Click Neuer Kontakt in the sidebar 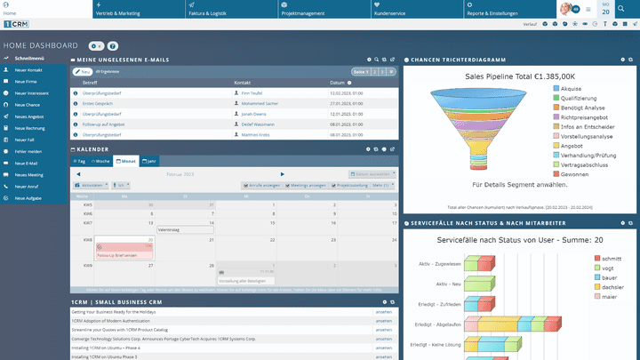(x=28, y=69)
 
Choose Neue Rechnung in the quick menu (x=29, y=128)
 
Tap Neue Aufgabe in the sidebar (x=28, y=198)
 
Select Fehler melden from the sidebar (x=28, y=152)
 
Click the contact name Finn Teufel (x=253, y=92)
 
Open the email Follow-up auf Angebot (x=103, y=124)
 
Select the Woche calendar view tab (x=101, y=162)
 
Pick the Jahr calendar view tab (x=150, y=162)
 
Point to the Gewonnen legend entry (x=575, y=174)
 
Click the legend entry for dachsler (x=612, y=287)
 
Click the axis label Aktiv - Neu (x=448, y=284)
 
